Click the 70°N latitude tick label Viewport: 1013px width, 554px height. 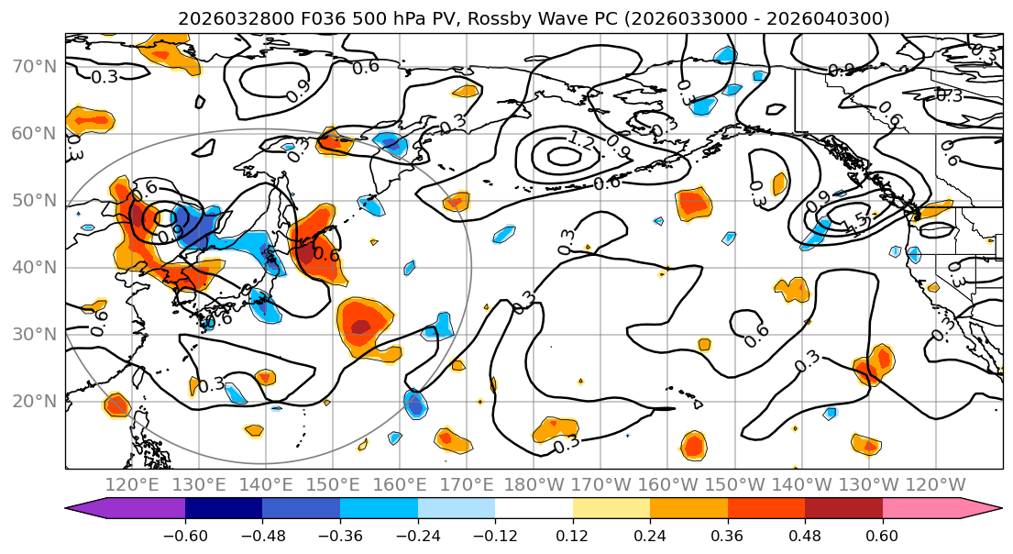(34, 67)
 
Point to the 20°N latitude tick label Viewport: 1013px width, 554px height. (34, 402)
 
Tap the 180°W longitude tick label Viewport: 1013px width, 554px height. (534, 484)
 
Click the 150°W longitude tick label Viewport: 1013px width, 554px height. (735, 484)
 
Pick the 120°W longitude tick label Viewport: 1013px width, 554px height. (936, 484)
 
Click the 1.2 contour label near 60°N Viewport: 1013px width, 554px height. (581, 140)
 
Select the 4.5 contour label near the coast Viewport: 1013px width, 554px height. (857, 219)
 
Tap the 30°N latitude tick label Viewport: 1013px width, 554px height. (34, 334)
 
